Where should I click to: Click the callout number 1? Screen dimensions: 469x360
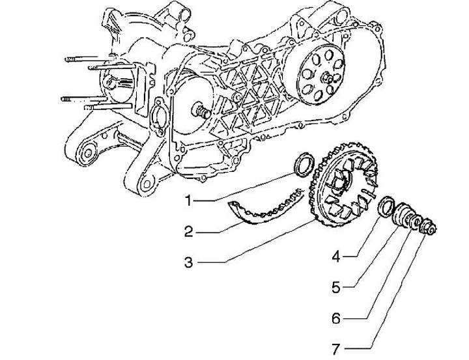coord(188,200)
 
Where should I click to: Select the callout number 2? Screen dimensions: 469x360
coord(188,232)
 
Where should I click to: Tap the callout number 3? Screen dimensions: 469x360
coord(188,262)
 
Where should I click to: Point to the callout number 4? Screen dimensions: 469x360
coord(336,256)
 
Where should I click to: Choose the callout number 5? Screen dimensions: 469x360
coord(336,288)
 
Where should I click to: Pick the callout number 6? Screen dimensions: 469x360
coord(336,319)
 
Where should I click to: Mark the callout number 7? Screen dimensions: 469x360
coord(336,349)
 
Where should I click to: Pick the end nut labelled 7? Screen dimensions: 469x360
coord(428,227)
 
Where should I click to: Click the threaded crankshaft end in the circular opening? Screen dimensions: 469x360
coord(201,110)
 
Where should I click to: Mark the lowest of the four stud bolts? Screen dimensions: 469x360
coord(107,106)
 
